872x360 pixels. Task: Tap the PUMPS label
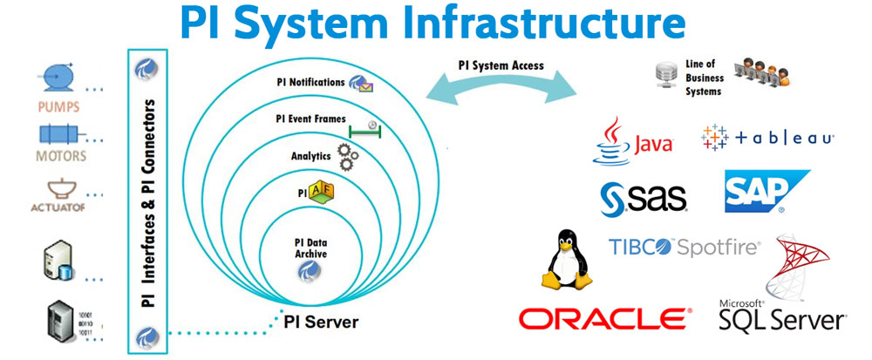coord(59,109)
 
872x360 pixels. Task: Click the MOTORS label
coord(60,157)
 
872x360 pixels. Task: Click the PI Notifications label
coord(310,83)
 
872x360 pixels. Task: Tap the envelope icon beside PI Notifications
coord(361,83)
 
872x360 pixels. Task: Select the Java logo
coord(631,141)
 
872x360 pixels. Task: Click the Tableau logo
coord(767,138)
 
